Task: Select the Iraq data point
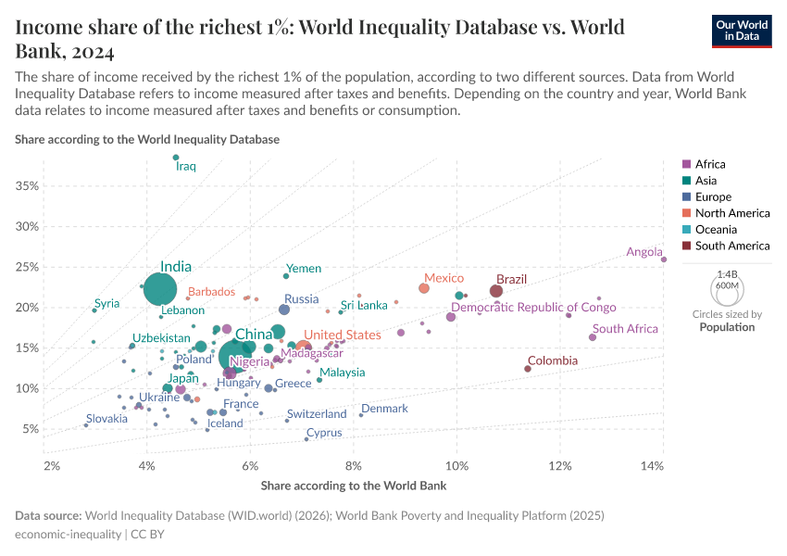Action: [x=176, y=158]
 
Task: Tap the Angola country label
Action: [x=644, y=252]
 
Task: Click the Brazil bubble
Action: [x=496, y=291]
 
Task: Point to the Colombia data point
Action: [x=528, y=369]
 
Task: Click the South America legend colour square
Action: [x=686, y=246]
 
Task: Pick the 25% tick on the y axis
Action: [x=26, y=267]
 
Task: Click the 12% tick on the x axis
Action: [x=559, y=462]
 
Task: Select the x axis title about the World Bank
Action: [x=354, y=486]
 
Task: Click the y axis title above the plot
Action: [x=147, y=139]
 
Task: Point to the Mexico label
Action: [x=443, y=278]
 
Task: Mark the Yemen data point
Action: [x=286, y=276]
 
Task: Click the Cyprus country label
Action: [x=324, y=433]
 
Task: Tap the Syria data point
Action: [x=94, y=310]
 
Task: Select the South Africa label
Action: [x=625, y=329]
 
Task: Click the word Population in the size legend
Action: [x=726, y=327]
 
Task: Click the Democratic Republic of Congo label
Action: [x=533, y=308]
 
